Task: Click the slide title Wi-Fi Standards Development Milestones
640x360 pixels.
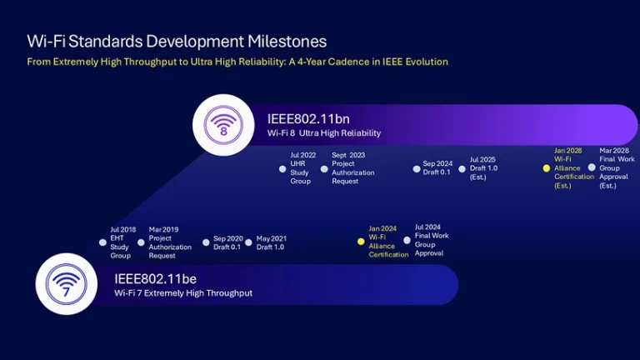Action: (177, 41)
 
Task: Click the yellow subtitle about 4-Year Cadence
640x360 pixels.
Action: (237, 62)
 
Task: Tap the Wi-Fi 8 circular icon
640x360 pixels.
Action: (222, 124)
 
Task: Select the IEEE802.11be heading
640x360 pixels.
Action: (156, 278)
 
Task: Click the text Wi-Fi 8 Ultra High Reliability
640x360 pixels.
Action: (323, 133)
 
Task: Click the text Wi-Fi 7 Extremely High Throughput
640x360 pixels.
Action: (183, 293)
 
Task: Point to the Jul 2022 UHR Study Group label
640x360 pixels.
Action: (301, 168)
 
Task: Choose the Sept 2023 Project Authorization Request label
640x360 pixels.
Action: (352, 168)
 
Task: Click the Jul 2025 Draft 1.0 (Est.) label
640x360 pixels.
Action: (484, 168)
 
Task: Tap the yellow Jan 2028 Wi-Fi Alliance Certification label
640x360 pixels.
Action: (574, 168)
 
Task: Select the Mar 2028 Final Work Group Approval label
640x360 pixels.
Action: (617, 168)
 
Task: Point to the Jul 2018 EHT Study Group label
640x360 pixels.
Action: (121, 242)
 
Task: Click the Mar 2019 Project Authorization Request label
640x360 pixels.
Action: (170, 242)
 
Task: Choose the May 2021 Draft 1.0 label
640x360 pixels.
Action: (272, 242)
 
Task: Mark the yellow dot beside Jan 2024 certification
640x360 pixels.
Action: (361, 242)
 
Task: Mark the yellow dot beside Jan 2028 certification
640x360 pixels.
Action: (547, 168)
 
